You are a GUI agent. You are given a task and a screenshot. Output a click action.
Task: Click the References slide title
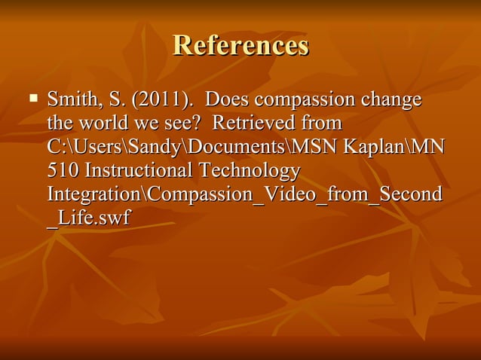pos(240,46)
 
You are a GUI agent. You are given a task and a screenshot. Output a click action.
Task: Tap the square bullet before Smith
pos(32,98)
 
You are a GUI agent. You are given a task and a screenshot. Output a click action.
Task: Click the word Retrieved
pos(254,124)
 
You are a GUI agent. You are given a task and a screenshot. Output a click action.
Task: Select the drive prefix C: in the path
pos(56,147)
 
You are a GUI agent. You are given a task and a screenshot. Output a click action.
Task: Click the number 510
pos(62,170)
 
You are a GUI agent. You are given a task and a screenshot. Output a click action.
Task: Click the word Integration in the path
pos(93,194)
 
